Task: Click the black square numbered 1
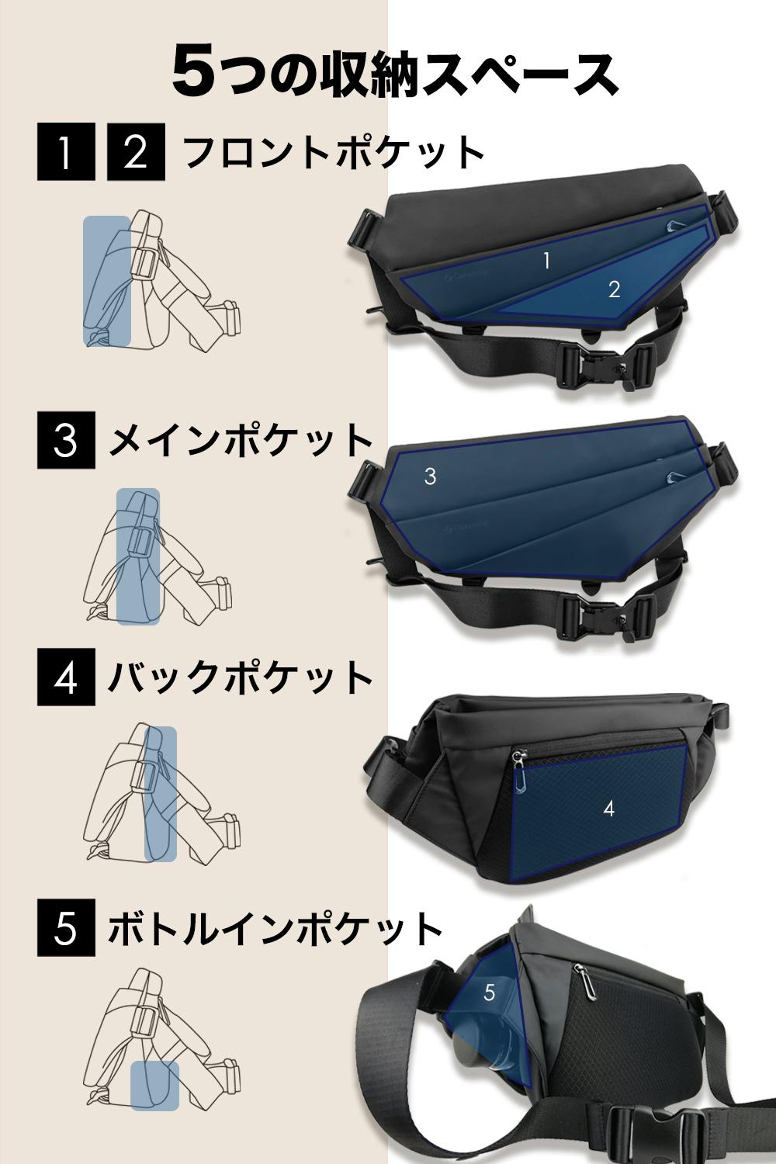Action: point(67,152)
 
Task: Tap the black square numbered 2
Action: point(136,152)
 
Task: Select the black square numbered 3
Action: point(67,440)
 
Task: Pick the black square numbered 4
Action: point(67,677)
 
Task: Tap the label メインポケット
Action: point(241,440)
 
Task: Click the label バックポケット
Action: point(240,677)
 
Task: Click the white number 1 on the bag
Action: point(546,260)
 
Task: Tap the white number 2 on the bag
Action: point(615,289)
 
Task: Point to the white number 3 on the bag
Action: point(430,476)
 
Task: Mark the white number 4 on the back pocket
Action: point(609,809)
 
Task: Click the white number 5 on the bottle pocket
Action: point(489,993)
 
